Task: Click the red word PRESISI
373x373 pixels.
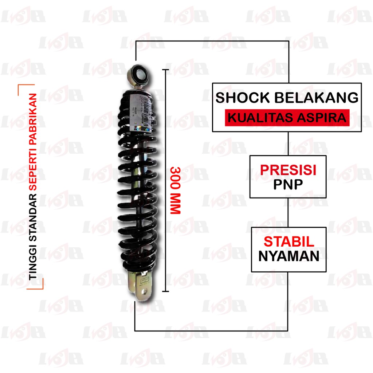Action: pos(287,170)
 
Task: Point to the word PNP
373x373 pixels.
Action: pos(288,184)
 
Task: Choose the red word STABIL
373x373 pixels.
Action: pos(289,242)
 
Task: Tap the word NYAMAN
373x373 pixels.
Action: pos(289,256)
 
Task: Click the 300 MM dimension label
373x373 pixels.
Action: pos(176,191)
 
